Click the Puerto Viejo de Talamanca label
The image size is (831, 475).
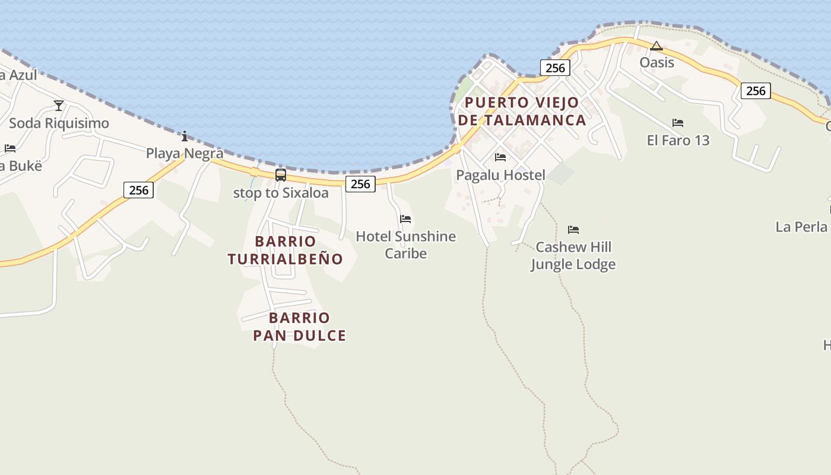[x=522, y=111]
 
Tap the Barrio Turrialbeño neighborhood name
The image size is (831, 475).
[x=285, y=250]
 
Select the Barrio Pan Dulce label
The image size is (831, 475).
[x=299, y=327]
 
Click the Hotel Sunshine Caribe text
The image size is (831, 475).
[x=406, y=245]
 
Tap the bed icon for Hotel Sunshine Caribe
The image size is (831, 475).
[x=405, y=219]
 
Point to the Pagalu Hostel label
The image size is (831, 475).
[x=500, y=175]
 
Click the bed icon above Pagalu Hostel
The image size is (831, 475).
[x=500, y=157]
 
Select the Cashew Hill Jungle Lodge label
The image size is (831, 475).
[x=573, y=255]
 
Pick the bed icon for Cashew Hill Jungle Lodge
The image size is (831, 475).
[x=573, y=229]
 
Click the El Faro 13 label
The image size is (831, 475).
[x=678, y=140]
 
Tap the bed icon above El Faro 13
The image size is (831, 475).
[x=678, y=123]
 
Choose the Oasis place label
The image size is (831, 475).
[x=656, y=62]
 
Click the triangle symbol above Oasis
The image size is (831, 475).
[x=656, y=46]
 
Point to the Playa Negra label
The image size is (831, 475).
[x=185, y=153]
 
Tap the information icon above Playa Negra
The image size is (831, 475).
[x=185, y=136]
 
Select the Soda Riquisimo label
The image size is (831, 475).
[x=59, y=123]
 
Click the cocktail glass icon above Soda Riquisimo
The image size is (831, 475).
[x=59, y=106]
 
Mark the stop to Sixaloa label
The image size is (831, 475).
[x=281, y=193]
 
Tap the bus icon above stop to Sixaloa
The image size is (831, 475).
[x=281, y=175]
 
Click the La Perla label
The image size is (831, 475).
[x=801, y=227]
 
